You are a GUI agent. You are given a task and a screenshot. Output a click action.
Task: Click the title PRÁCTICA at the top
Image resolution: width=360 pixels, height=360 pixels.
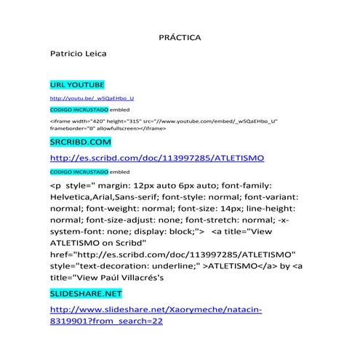click(180, 36)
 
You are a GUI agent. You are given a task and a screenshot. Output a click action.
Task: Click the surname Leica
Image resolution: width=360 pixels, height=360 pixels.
click(94, 54)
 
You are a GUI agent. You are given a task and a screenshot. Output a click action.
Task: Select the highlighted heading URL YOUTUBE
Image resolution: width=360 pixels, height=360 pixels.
click(77, 85)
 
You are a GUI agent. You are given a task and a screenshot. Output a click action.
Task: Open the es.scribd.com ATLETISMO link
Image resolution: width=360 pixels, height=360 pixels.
click(156, 157)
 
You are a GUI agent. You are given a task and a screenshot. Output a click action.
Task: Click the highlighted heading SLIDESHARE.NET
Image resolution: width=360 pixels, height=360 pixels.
click(86, 294)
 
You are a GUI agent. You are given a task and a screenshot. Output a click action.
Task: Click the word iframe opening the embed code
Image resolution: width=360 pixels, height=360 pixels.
click(60, 121)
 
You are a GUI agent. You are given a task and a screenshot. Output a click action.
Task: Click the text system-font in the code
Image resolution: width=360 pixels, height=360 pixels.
click(76, 231)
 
